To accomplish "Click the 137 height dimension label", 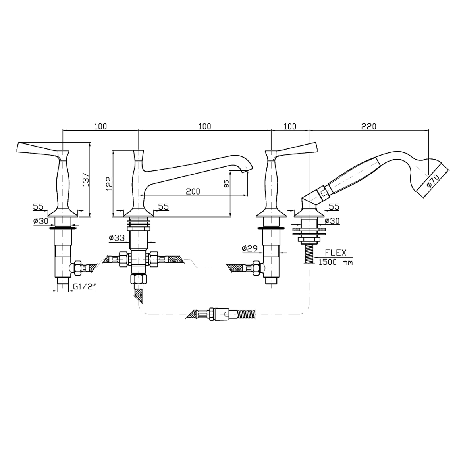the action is pos(86,179).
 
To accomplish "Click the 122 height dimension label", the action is pos(109,183).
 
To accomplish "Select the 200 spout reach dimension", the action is pos(193,191).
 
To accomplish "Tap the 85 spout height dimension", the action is pos(226,183).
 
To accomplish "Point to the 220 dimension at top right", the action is pos(369,126).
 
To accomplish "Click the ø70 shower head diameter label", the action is pos(433,181).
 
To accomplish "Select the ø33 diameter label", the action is pos(117,238).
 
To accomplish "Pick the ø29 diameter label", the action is pos(250,249).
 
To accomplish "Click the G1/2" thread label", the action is pos(85,287).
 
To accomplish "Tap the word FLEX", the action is pos(336,253).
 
